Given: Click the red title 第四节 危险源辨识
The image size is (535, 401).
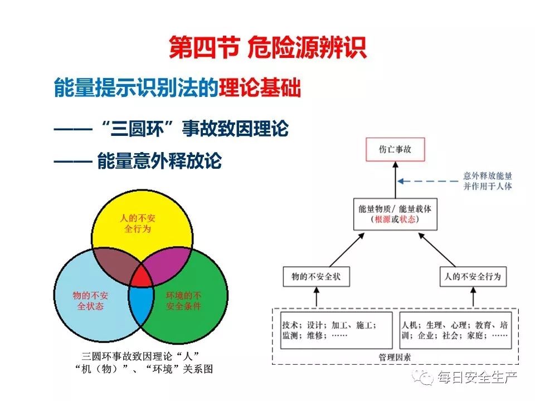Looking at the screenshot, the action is point(268,47).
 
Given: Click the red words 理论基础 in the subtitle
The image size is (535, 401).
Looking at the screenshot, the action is point(260,87).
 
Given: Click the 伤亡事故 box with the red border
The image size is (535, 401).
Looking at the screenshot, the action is point(395,149).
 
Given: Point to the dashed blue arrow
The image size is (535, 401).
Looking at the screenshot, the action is point(428,181).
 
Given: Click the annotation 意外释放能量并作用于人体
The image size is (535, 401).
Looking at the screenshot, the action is point(488,180).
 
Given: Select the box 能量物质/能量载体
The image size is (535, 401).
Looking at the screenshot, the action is point(395,214).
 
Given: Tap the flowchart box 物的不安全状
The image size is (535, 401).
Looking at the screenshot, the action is point(317,277).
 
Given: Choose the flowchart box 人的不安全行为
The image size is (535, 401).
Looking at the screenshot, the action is point(473,277).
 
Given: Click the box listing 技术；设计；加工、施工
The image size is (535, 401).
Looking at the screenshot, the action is point(336,330).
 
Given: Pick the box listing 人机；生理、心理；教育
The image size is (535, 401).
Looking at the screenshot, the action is point(455,330).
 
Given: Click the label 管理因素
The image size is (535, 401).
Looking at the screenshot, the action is point(395,357).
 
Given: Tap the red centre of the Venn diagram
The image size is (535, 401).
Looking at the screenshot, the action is point(142,277).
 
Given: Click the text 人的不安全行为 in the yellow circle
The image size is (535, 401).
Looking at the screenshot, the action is point(138,223).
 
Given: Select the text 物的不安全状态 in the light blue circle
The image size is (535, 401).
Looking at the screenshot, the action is point(90,300).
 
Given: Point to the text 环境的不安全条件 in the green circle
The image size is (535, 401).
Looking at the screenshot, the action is point(183,300).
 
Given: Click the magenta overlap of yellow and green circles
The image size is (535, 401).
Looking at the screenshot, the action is point(167,264).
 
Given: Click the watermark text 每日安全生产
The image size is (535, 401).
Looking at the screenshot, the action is point(478,378).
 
